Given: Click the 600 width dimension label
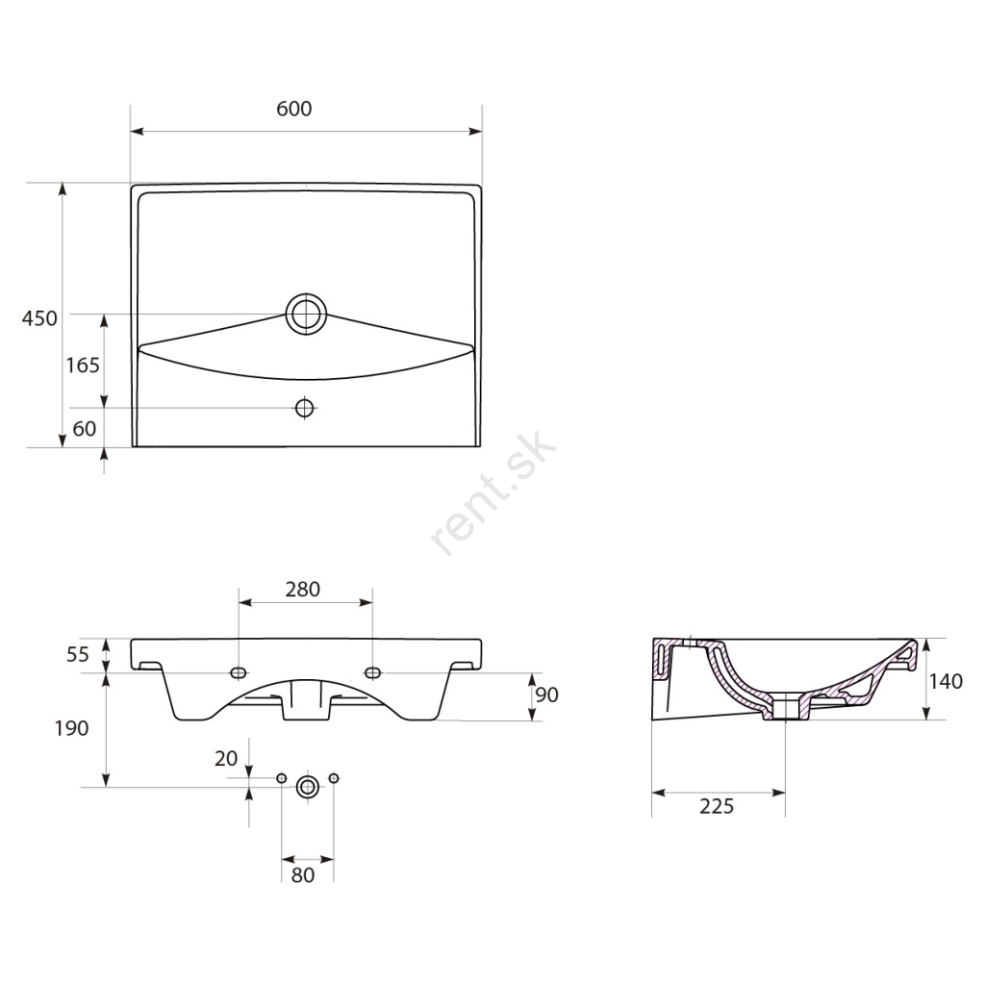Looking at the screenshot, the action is [294, 109].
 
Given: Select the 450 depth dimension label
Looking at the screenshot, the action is [39, 318].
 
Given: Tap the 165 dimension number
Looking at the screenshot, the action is [83, 365].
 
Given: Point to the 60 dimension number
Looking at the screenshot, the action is [85, 428].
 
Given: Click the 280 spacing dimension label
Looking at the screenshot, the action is [303, 590].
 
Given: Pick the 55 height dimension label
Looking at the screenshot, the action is [78, 654].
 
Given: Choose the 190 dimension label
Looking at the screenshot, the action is [71, 729].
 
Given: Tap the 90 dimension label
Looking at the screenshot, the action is [546, 695].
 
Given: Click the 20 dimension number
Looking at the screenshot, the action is [226, 759].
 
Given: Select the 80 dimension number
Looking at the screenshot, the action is [303, 875].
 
